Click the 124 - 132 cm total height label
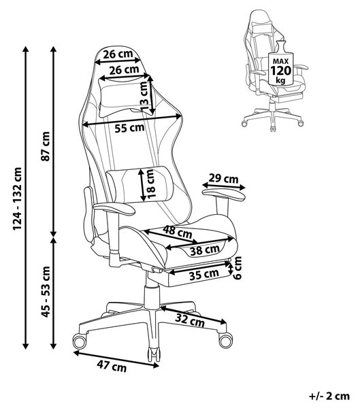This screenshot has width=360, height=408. [18, 199]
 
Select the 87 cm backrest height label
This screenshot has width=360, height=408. [46, 146]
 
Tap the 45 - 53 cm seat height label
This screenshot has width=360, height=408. [46, 292]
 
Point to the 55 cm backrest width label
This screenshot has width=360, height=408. [129, 128]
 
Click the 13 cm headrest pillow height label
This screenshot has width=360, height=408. [145, 96]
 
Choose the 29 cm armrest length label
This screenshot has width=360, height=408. [224, 179]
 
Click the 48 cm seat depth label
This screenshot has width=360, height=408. [177, 232]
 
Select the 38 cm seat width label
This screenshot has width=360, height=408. [204, 250]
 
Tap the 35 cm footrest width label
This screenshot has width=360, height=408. [204, 275]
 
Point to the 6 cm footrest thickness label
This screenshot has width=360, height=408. [238, 268]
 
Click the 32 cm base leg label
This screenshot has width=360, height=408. [190, 320]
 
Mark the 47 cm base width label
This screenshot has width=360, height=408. [112, 367]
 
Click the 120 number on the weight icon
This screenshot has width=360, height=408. [280, 71]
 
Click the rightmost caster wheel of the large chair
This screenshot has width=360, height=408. [225, 340]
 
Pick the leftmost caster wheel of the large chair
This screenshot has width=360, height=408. [80, 341]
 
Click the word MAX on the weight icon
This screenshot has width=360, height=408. [280, 61]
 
